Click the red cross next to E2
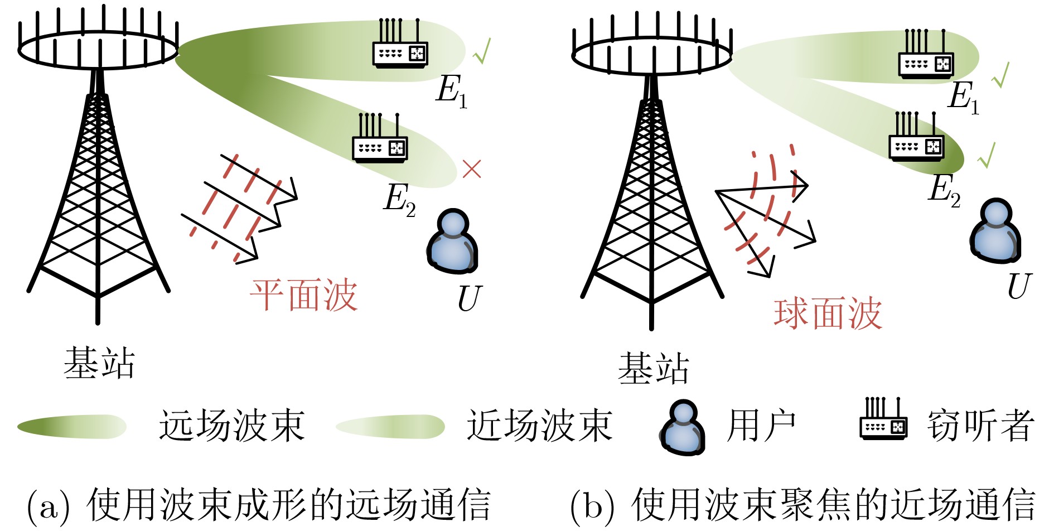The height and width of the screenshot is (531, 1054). [x=472, y=168]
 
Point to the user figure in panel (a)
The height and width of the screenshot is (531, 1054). [x=453, y=242]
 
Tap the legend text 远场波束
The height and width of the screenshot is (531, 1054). [x=232, y=426]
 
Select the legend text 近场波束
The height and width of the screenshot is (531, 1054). [x=540, y=426]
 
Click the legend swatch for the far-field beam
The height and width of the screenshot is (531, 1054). [x=72, y=427]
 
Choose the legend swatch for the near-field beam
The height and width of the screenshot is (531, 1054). [x=390, y=427]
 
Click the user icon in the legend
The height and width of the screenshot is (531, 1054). [x=683, y=427]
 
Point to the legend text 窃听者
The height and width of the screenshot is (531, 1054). [x=981, y=426]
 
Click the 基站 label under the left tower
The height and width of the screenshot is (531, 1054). [x=99, y=363]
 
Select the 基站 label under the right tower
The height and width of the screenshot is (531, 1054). [x=654, y=368]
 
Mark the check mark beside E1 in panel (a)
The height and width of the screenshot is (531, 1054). [x=482, y=51]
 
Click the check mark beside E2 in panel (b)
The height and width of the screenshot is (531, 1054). [x=987, y=155]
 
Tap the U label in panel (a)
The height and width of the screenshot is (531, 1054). [x=468, y=300]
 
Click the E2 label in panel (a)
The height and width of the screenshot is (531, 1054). [x=399, y=199]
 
